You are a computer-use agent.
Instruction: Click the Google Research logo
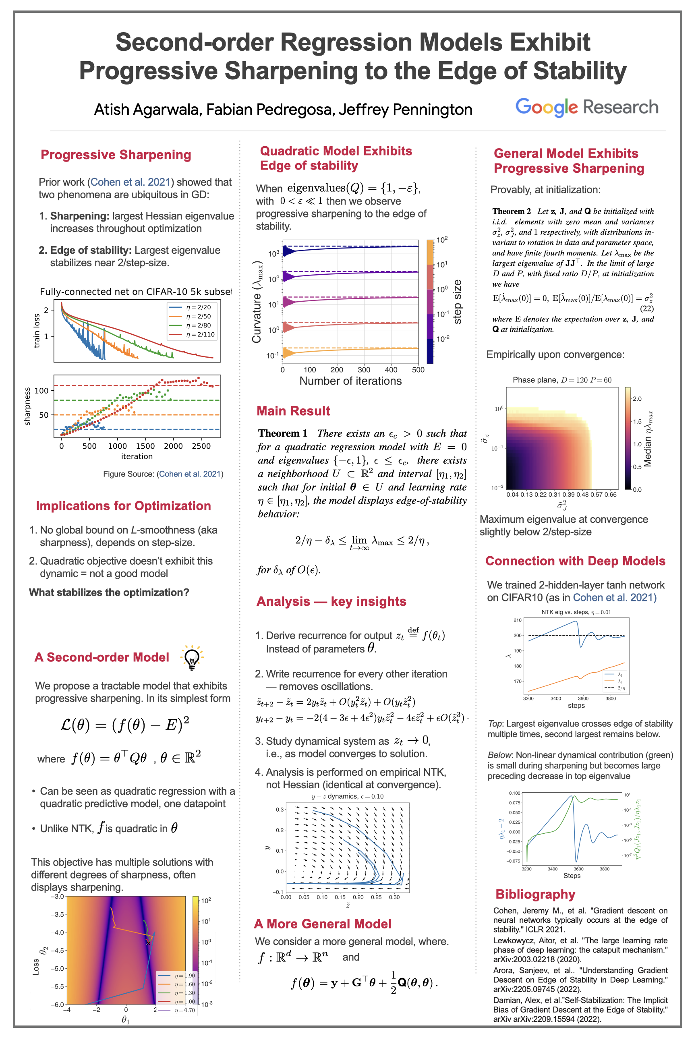coord(586,107)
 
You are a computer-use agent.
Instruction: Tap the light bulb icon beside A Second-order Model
coord(192,657)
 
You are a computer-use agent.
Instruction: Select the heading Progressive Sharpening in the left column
coord(116,155)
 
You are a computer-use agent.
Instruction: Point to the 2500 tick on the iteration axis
coord(201,446)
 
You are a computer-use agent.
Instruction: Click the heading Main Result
coord(293,410)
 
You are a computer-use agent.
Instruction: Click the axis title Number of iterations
coord(350,381)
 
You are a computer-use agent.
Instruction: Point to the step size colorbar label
coord(457,302)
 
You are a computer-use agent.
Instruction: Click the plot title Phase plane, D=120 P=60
coord(562,380)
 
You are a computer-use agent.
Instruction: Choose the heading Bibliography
coord(535,894)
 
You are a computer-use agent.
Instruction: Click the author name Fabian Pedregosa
coord(270,109)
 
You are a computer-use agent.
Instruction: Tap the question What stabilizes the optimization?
coord(109,592)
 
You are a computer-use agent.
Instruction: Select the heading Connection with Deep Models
coord(575,561)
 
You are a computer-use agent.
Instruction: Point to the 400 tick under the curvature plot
coord(391,370)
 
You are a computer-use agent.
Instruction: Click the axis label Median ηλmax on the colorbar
coord(648,439)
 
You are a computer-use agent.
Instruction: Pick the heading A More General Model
coord(322,924)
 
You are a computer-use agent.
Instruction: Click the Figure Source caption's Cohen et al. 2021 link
coord(190,474)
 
